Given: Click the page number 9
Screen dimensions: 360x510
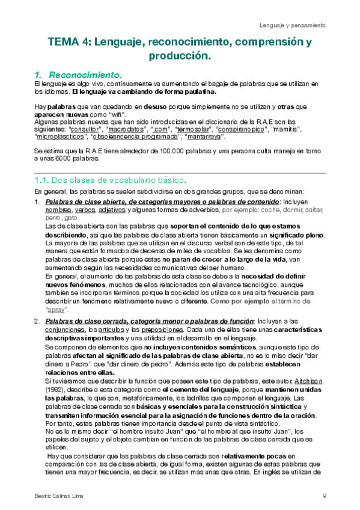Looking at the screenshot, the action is click(x=323, y=496).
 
